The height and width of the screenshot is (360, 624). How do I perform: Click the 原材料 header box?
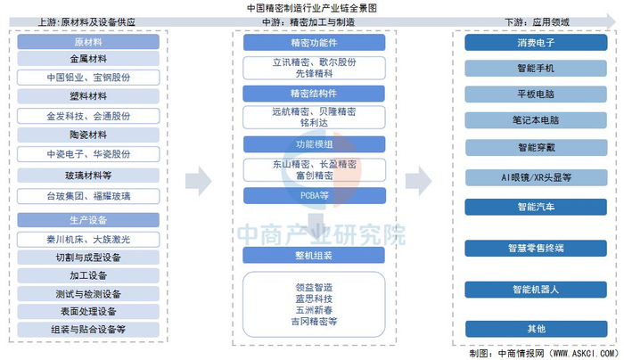click(x=88, y=42)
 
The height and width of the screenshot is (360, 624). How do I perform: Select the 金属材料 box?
click(x=88, y=59)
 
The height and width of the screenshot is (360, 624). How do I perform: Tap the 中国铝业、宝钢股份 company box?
click(x=88, y=78)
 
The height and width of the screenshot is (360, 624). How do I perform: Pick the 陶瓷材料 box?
click(x=88, y=135)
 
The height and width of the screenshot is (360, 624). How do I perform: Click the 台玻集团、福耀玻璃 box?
click(x=88, y=196)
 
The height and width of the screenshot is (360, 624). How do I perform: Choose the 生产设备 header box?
click(x=88, y=220)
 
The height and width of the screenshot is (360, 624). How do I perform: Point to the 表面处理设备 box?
click(x=88, y=312)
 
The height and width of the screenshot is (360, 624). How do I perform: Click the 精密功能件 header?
click(x=314, y=43)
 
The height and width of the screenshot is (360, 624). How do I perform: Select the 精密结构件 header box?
click(x=314, y=94)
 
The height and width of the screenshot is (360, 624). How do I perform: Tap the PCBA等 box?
click(x=315, y=195)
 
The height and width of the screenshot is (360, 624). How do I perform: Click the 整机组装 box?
click(x=314, y=256)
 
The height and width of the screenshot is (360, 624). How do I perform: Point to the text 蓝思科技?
click(x=314, y=299)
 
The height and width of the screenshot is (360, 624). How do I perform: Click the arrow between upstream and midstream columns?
click(x=198, y=181)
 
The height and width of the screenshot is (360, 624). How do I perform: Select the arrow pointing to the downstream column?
click(x=418, y=181)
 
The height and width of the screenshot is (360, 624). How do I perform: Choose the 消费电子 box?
click(x=536, y=43)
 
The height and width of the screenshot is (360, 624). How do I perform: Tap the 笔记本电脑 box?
click(x=536, y=120)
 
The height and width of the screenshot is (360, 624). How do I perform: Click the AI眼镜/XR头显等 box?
click(x=536, y=177)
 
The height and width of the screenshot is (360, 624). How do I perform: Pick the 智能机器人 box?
click(x=536, y=290)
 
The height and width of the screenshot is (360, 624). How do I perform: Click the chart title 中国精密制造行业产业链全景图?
click(x=312, y=7)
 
